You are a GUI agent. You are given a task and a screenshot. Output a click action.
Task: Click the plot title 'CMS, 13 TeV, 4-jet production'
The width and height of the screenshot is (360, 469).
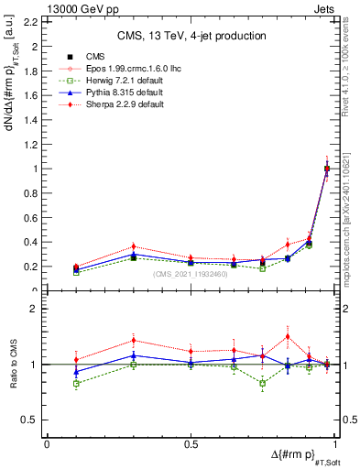(x=191, y=37)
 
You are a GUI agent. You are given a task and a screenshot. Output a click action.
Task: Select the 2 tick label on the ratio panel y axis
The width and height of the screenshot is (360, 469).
(x=35, y=310)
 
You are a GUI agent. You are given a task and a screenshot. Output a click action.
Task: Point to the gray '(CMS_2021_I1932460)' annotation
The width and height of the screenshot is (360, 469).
(x=191, y=274)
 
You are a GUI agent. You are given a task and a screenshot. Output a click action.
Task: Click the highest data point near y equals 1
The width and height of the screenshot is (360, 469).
(x=327, y=168)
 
